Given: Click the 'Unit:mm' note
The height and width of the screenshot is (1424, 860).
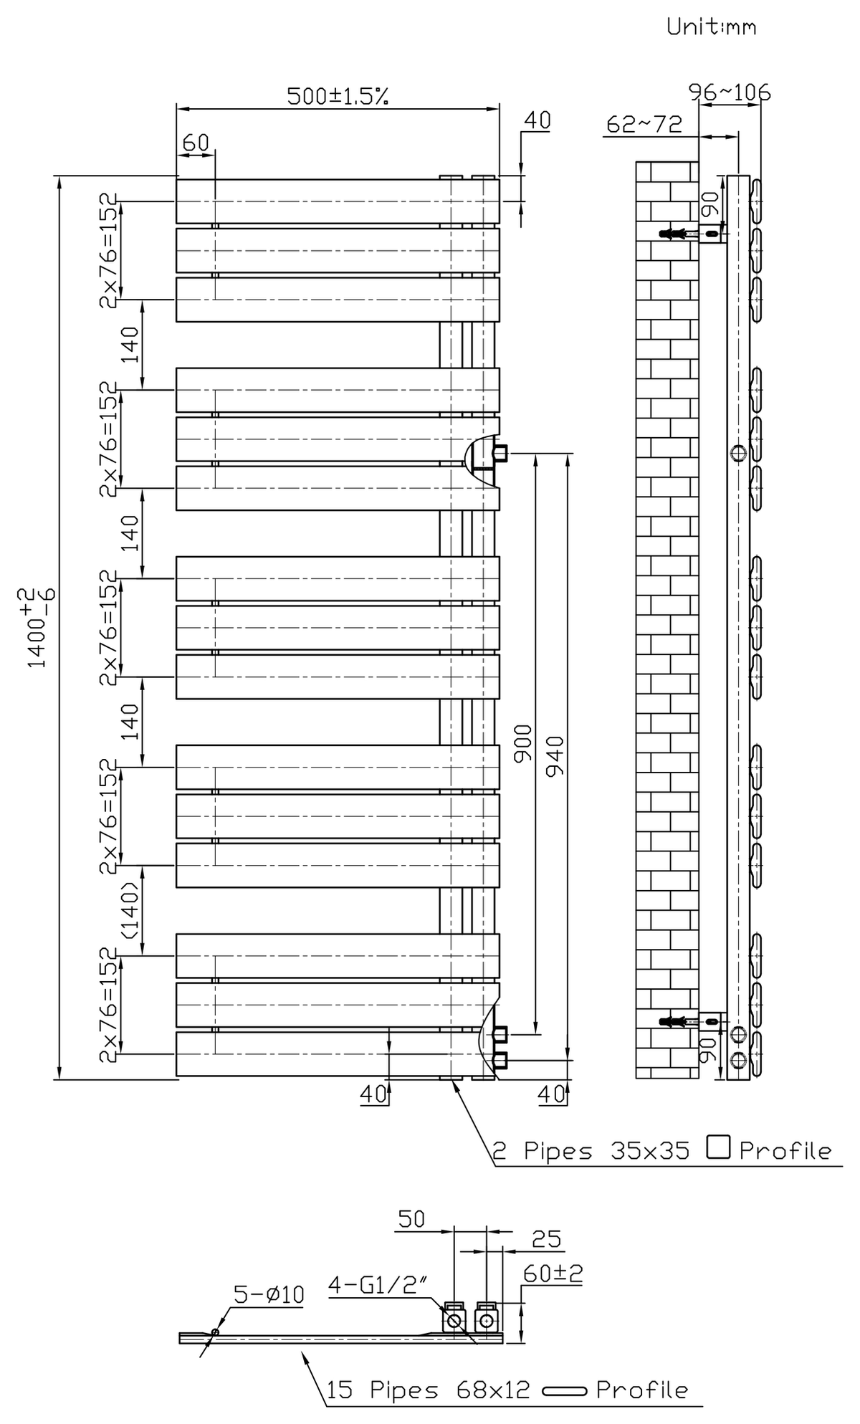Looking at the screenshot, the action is [711, 27].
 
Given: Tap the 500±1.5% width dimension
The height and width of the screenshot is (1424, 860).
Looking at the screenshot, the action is [338, 96].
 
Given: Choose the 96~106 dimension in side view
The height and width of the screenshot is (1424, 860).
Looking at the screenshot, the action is [729, 92].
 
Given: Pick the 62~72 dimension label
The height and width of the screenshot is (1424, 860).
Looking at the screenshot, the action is [644, 124].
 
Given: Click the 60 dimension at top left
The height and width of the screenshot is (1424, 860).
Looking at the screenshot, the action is [196, 143].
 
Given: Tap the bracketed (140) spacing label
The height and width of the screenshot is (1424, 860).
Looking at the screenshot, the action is [130, 910].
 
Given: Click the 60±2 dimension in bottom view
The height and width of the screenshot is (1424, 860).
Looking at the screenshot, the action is [553, 1274].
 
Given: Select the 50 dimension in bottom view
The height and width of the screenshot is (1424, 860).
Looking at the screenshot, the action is [411, 1219].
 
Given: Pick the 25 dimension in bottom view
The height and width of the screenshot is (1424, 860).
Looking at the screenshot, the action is [546, 1239].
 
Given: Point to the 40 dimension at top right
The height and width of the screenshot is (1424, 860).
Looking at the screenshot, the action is [537, 120].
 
